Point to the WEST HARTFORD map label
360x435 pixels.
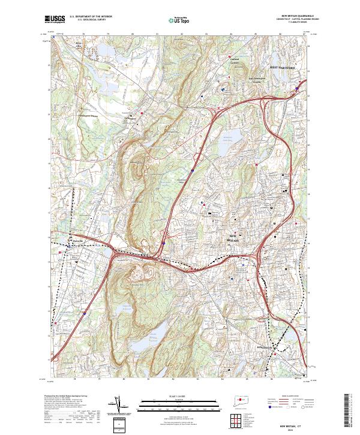click(283, 68)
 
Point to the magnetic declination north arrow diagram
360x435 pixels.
click(119, 404)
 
